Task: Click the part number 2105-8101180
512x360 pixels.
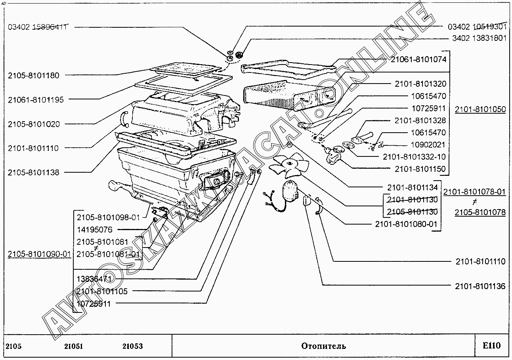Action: (34, 75)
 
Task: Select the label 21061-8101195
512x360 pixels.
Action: (36, 100)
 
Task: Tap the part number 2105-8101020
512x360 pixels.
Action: (34, 124)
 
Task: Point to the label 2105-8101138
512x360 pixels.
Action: (34, 172)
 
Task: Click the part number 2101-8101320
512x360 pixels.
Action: (420, 84)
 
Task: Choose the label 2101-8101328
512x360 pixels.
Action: (420, 120)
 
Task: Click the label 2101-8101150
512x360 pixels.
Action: (420, 169)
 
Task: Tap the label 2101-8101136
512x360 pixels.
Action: (480, 286)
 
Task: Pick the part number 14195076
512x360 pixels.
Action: (95, 230)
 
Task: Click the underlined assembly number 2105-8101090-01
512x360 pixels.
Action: (39, 254)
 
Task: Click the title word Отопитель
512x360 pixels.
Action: (323, 346)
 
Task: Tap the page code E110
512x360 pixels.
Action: (491, 346)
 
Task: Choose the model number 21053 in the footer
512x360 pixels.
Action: (132, 346)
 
